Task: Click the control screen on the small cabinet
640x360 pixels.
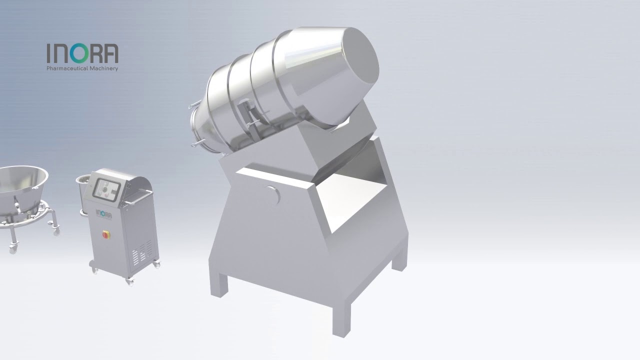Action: pyautogui.click(x=106, y=189)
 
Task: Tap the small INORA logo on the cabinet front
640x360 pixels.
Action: pyautogui.click(x=103, y=214)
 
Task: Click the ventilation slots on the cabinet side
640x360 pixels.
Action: pyautogui.click(x=141, y=251)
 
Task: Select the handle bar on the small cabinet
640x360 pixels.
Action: pyautogui.click(x=138, y=197)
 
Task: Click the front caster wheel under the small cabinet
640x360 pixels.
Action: pyautogui.click(x=130, y=282)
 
